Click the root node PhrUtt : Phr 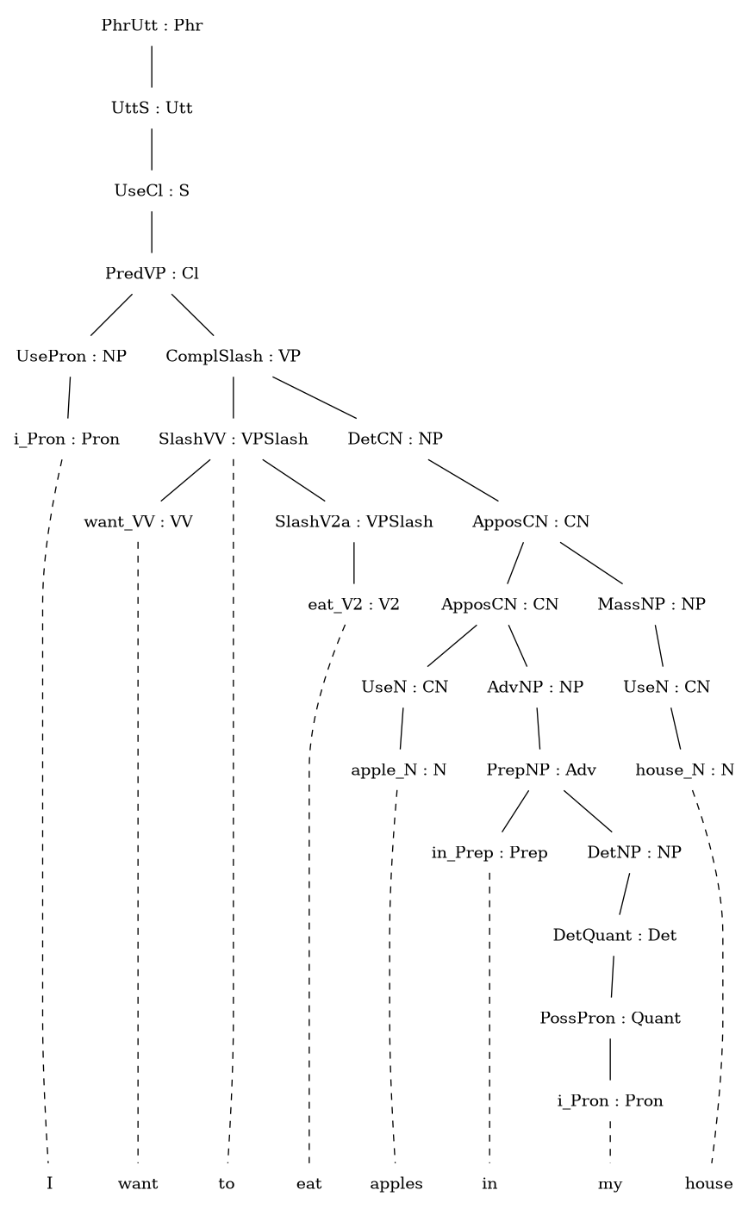pos(152,25)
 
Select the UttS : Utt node pos(152,108)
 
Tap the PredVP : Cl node pos(152,274)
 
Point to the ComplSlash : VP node pos(234,356)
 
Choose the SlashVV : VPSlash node pos(234,439)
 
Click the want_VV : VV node pos(138,522)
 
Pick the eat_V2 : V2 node pos(353,605)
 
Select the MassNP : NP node pos(651,604)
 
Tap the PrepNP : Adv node pos(541,770)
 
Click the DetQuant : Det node pos(614,935)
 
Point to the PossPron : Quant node pos(610,1018)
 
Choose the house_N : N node pos(684,770)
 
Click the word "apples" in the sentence pos(396,1185)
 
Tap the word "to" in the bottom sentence pos(227,1184)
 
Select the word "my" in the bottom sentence pos(610,1185)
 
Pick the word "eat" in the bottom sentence pos(309,1184)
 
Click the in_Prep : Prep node pos(489,853)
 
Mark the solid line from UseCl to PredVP pos(152,232)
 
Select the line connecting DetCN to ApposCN pos(464,480)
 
